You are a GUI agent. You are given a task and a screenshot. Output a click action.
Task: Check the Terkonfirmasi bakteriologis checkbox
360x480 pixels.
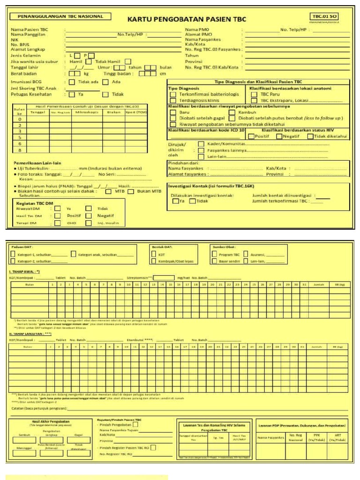[x=173, y=94]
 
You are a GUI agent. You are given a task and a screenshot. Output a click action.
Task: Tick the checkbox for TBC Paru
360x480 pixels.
[x=254, y=94]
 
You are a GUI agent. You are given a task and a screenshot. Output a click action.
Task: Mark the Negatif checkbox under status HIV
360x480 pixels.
[x=279, y=136]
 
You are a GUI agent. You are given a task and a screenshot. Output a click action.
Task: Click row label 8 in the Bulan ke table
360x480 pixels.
[x=20, y=150]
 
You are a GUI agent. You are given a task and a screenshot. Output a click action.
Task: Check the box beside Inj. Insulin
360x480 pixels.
[x=89, y=223]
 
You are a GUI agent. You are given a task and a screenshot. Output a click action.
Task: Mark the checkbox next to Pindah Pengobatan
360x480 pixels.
[x=135, y=424]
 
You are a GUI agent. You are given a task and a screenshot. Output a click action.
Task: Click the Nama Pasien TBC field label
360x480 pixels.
[x=29, y=30]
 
